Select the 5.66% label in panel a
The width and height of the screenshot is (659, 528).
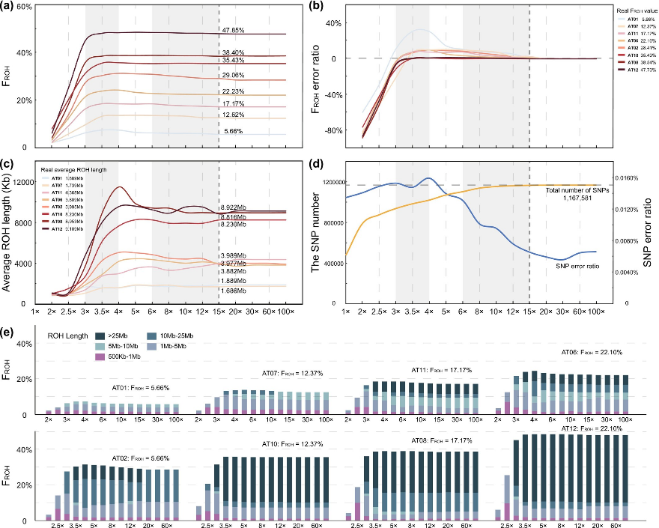(x=233, y=132)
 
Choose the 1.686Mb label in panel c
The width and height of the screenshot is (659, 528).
(x=235, y=290)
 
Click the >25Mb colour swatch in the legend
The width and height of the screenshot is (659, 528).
(x=102, y=336)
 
